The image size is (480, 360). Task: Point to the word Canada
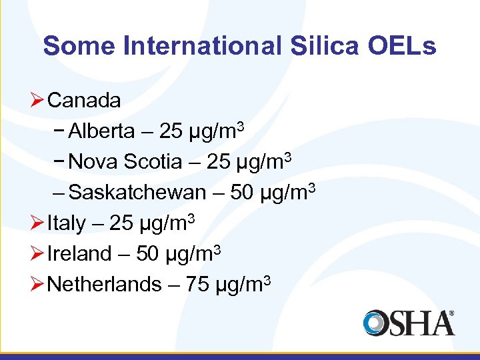[x=85, y=101]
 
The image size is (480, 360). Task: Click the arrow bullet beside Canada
[x=39, y=101]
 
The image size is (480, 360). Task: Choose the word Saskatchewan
[x=137, y=193]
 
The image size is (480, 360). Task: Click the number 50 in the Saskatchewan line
[x=241, y=193]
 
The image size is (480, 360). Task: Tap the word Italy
[x=67, y=223]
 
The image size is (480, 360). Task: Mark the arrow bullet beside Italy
[x=39, y=223]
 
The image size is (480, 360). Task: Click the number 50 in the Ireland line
[x=147, y=254]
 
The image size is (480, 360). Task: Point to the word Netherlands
[x=105, y=285]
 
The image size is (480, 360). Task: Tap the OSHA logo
[x=409, y=323]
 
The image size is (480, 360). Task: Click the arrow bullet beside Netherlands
[x=39, y=284]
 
